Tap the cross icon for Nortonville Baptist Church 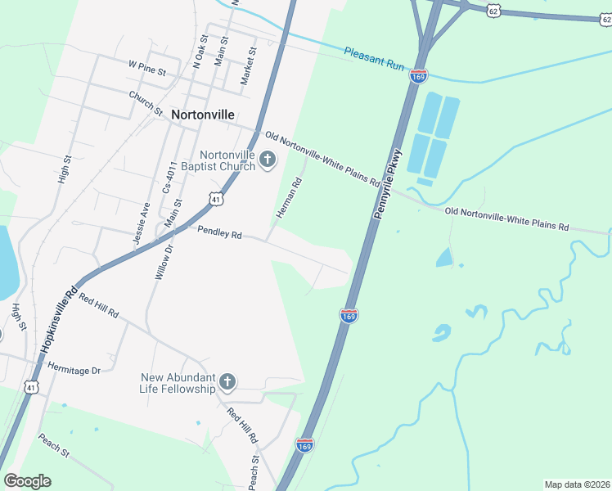(x=267, y=162)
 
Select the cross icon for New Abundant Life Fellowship (x=228, y=382)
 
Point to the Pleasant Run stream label (x=375, y=58)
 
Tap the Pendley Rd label (x=219, y=233)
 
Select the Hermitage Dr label (x=74, y=368)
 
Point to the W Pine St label (x=147, y=67)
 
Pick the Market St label (x=248, y=65)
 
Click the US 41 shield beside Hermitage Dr (x=31, y=386)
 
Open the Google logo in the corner (x=28, y=481)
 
